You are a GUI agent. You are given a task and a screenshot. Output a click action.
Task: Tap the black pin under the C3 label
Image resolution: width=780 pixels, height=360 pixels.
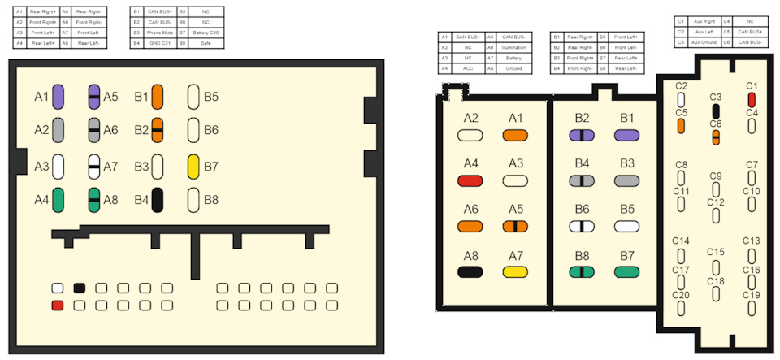[716, 111]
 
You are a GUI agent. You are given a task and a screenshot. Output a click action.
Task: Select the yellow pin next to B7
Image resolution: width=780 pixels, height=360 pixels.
[194, 166]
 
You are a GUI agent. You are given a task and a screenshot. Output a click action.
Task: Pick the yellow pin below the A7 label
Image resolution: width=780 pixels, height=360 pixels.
[516, 271]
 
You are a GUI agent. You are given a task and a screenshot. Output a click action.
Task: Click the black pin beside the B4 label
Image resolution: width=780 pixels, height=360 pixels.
[158, 199]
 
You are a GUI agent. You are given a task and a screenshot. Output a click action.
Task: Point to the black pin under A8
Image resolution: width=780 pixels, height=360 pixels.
[470, 271]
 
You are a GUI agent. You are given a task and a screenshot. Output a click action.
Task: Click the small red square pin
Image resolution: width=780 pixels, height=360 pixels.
[58, 306]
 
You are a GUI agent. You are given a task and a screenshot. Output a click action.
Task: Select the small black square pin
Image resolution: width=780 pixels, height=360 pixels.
[80, 288]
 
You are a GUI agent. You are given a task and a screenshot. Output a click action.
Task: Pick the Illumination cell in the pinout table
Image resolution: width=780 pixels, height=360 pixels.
[514, 48]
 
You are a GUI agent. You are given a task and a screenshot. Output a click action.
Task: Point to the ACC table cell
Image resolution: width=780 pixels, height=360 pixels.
[469, 69]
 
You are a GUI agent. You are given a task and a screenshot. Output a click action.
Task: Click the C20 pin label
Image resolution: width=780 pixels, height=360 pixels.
[682, 295]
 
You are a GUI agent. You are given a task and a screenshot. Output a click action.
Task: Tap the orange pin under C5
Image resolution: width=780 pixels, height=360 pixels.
[681, 125]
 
